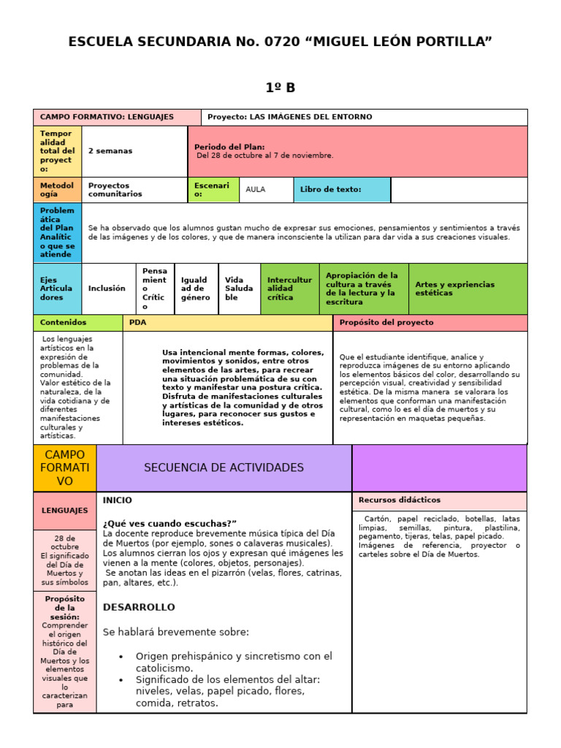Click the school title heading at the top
tap(280, 42)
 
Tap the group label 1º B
tap(280, 88)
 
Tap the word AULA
tap(256, 189)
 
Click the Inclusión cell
tap(107, 289)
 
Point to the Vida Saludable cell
tap(239, 289)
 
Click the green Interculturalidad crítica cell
tap(290, 289)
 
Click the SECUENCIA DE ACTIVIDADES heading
tap(224, 467)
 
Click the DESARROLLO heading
tap(139, 607)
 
